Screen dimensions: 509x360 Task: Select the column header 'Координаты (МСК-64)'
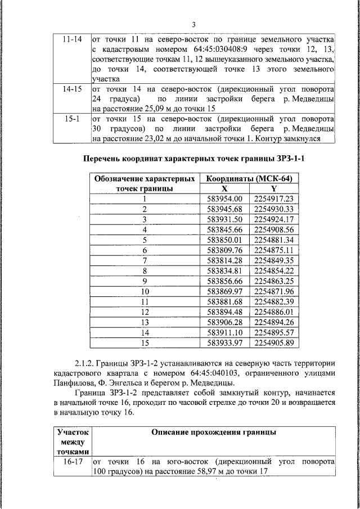point(249,178)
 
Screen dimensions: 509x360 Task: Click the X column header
point(224,188)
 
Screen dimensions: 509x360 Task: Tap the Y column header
point(274,188)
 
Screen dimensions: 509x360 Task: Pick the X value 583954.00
point(224,199)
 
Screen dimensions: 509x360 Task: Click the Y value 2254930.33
point(274,209)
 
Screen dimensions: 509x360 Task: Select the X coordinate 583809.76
point(224,250)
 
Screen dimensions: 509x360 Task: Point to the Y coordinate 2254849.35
point(274,260)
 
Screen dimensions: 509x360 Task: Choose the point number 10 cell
point(145,291)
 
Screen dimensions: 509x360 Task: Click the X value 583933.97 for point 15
point(224,342)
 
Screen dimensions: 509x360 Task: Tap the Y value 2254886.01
point(274,311)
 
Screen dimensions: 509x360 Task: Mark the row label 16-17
point(73,461)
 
